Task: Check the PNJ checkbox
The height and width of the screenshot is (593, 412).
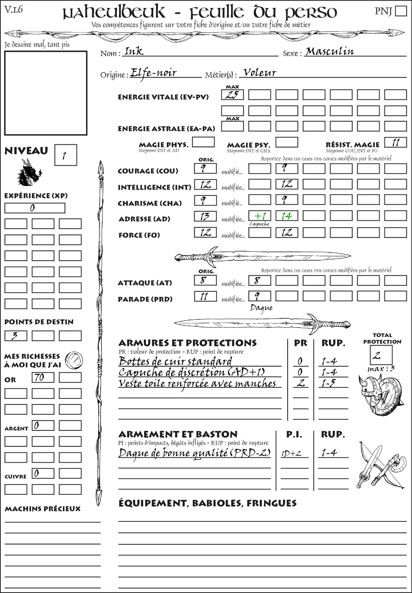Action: [401, 11]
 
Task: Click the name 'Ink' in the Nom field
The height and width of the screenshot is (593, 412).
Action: [134, 51]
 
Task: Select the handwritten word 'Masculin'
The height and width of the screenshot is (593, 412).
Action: [330, 51]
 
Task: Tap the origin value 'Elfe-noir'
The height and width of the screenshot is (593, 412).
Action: [154, 73]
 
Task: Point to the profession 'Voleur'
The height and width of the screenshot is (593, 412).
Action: [260, 73]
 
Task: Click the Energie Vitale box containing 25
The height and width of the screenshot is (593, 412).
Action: [232, 95]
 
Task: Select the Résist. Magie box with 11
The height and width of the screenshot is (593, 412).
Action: [396, 142]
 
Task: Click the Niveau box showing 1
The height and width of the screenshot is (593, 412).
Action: [65, 155]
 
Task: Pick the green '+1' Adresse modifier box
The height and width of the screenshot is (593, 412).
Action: [260, 216]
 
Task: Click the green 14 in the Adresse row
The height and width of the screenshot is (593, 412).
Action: [286, 216]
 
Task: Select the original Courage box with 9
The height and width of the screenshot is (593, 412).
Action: [205, 169]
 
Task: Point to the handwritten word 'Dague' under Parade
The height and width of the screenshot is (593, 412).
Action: [261, 308]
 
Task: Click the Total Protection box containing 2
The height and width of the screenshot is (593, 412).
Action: [381, 355]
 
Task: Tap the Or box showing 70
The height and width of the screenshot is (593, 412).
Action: [43, 377]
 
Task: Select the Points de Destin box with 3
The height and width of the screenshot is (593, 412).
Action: [16, 336]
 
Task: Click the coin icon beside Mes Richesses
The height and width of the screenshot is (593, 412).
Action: [74, 360]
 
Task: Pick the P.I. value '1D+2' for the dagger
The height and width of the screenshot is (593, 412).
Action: [291, 453]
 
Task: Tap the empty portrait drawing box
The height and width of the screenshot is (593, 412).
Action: [46, 93]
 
